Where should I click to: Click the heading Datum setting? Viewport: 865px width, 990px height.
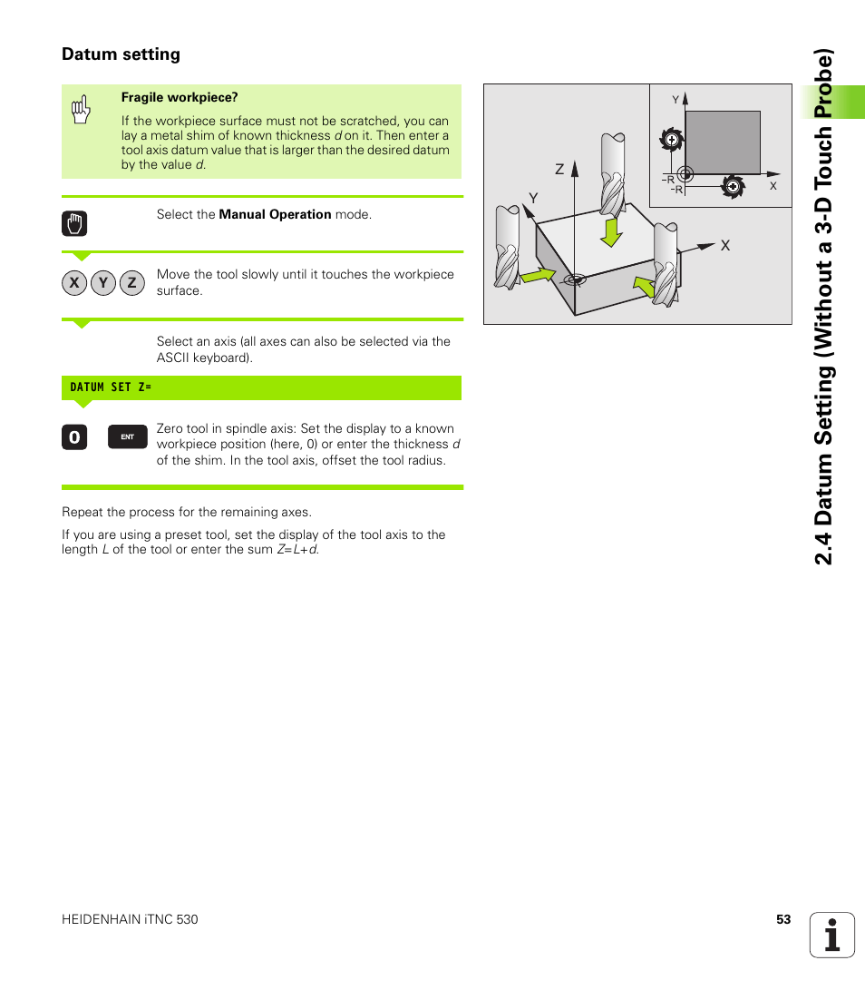[121, 54]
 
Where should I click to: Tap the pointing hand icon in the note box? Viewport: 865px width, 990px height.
[81, 110]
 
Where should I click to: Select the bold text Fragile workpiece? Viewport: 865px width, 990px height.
[180, 97]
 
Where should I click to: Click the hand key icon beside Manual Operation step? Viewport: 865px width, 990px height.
[74, 223]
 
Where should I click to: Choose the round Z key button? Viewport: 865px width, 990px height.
[131, 283]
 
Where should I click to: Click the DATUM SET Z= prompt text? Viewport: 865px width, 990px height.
[111, 387]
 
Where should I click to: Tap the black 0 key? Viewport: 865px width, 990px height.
[74, 437]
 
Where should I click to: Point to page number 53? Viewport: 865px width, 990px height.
[783, 919]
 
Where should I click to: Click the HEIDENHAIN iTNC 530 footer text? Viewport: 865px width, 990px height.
[130, 919]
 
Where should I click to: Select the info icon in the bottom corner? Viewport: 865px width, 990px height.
[831, 935]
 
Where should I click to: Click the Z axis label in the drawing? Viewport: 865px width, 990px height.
[559, 170]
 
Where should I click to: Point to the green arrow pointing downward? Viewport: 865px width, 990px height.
[613, 231]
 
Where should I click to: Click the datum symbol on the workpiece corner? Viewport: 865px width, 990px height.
[572, 280]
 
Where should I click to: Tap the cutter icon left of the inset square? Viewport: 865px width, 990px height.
[669, 140]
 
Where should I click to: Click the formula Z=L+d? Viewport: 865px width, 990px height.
[297, 550]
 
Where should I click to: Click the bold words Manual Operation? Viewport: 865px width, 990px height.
[275, 215]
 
